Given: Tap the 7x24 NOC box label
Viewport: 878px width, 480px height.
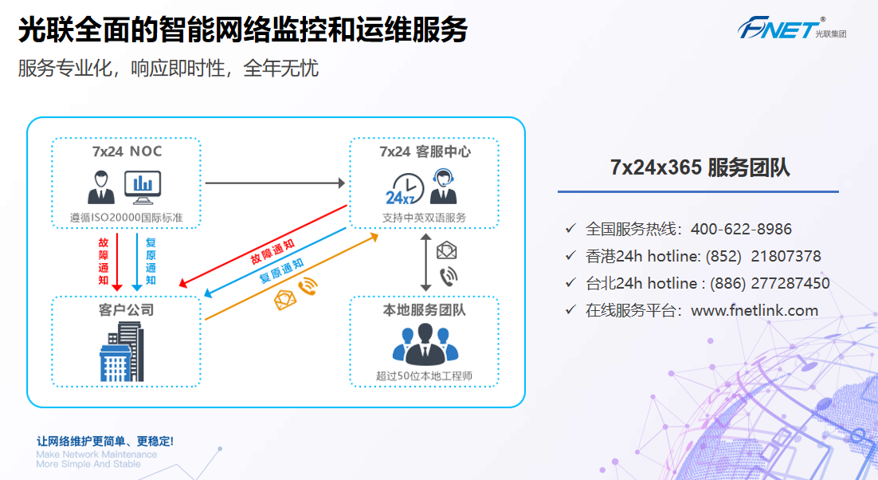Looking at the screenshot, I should [127, 151].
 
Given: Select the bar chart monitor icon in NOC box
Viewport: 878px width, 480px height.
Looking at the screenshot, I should [143, 187].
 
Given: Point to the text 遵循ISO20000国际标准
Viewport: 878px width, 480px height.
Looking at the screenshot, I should [126, 217].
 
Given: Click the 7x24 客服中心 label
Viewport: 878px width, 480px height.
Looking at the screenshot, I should [425, 151].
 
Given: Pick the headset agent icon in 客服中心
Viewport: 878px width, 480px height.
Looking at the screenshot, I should [444, 188].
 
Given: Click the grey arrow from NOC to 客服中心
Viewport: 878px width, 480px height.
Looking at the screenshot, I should [275, 183].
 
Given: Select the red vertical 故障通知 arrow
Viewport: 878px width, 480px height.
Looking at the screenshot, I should [117, 261].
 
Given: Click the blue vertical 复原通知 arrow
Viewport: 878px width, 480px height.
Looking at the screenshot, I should [137, 261].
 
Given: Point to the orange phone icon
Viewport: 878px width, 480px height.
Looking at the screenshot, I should [307, 288].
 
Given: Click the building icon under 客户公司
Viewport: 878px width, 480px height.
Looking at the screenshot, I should [120, 352].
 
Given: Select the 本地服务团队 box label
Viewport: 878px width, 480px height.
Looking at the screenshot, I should [424, 310].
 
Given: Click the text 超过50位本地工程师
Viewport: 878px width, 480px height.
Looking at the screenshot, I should [424, 376].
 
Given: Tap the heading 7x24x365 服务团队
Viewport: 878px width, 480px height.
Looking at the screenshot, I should [700, 167].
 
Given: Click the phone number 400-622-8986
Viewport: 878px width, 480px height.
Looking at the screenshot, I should [741, 230].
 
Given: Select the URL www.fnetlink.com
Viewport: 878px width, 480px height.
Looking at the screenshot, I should [755, 311].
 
